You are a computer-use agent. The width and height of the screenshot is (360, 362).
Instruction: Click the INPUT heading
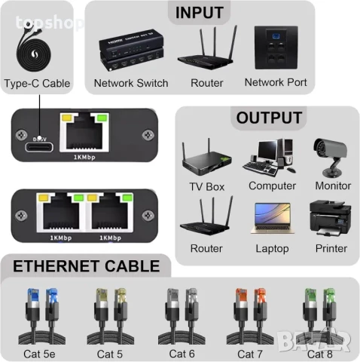point(199,12)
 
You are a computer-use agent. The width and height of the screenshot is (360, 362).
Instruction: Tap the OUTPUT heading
point(269,118)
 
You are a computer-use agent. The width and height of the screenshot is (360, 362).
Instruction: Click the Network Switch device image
point(130,51)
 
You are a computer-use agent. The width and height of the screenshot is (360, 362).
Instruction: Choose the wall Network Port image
point(276,50)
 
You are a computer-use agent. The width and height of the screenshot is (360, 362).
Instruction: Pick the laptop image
point(271,219)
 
